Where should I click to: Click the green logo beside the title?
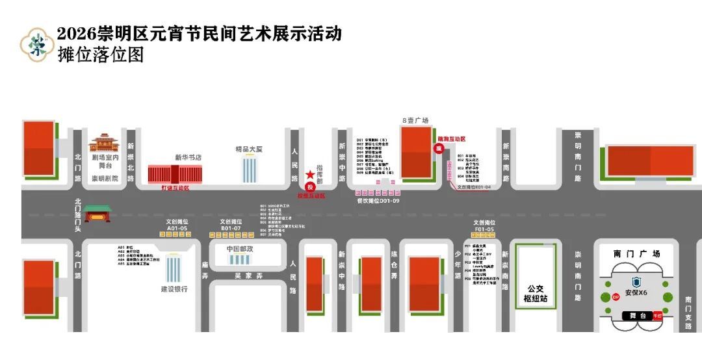coord(36,44)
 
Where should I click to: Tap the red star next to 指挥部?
coord(309,175)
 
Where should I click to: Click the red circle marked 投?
coord(309,186)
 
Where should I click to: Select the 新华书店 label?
coord(188,157)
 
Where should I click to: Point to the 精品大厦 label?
coord(249,149)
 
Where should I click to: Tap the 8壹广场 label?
coord(415,120)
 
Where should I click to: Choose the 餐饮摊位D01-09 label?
coord(378,200)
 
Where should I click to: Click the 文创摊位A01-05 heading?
coord(177,225)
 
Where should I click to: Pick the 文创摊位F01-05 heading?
coord(484,225)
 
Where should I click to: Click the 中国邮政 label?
coord(239,249)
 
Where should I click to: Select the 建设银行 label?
coord(174,289)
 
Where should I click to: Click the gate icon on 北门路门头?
coord(97,212)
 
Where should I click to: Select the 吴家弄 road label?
coord(247,276)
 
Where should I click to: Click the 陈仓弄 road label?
coord(394,266)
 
